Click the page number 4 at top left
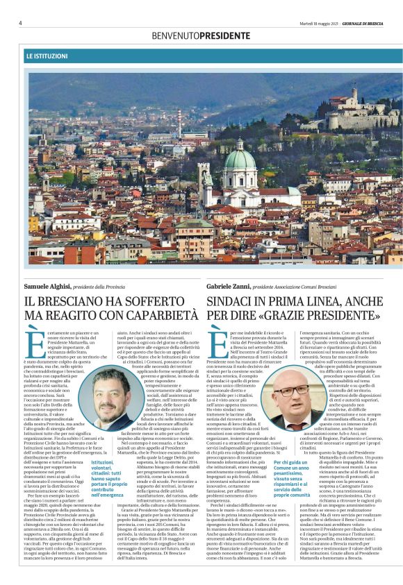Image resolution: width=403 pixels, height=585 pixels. tap(20, 23)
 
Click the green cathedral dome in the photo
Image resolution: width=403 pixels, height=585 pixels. tap(239, 161)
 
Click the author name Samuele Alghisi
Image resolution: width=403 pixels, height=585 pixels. tap(47, 287)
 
